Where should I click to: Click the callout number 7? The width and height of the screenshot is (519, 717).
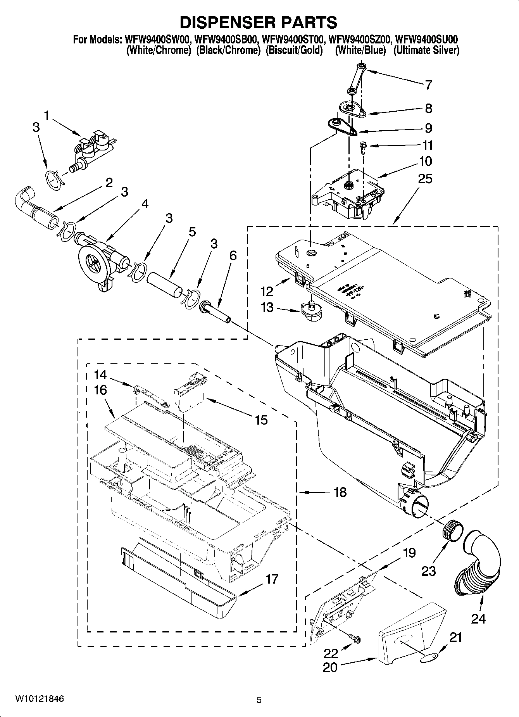(428, 85)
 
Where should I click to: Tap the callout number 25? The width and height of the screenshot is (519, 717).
(425, 179)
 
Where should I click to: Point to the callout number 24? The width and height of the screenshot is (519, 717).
(478, 619)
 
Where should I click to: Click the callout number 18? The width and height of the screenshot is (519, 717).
(340, 492)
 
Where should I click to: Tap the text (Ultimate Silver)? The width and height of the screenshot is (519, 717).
(426, 50)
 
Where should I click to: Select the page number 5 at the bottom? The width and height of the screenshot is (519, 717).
(259, 700)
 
